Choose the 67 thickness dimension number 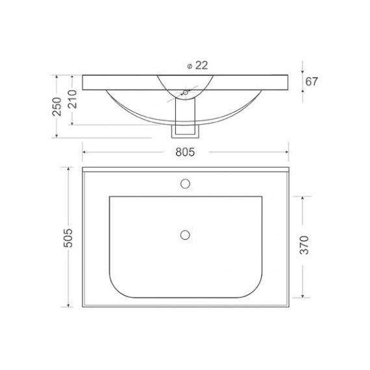point(314,82)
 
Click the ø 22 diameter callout point(195,66)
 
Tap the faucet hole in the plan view point(185,183)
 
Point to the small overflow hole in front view point(184,93)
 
